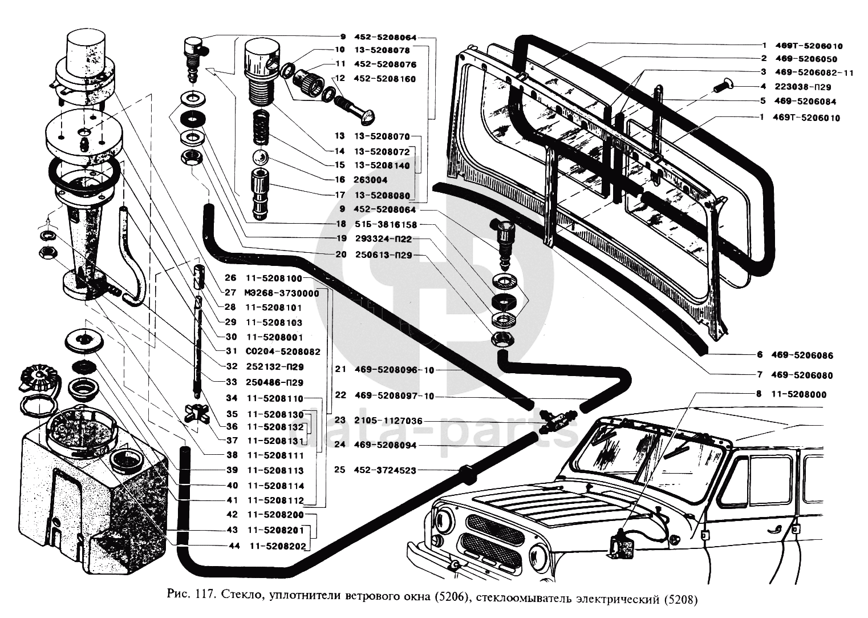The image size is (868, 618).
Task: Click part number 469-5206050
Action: click(806, 59)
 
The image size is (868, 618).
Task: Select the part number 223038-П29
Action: click(803, 87)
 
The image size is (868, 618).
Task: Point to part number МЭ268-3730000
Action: click(282, 293)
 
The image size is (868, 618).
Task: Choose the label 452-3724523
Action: click(386, 470)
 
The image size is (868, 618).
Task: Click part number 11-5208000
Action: click(798, 394)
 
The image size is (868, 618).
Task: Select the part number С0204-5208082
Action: click(283, 352)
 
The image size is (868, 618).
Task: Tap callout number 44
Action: click(234, 546)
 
